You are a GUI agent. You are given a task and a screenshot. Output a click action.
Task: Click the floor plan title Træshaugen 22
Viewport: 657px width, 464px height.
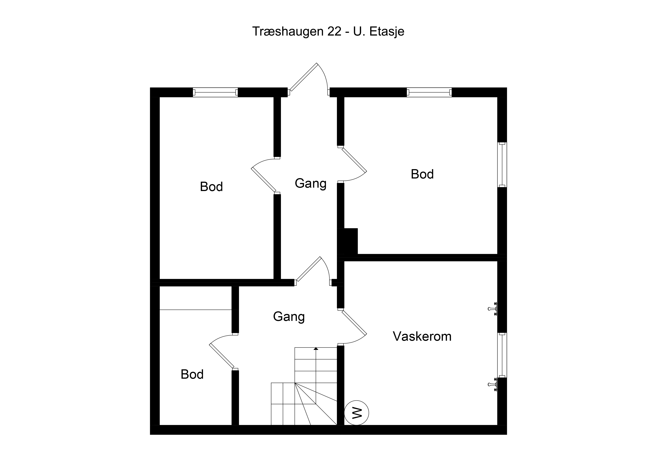click(x=297, y=31)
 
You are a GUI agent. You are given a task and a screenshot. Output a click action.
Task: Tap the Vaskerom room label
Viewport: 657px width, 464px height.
click(x=422, y=336)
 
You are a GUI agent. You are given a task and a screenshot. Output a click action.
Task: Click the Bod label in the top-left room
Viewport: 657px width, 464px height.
click(x=211, y=187)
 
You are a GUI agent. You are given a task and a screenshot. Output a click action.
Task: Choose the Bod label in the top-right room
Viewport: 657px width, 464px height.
click(x=422, y=174)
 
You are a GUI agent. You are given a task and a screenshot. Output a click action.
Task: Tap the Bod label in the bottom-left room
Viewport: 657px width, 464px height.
click(x=192, y=374)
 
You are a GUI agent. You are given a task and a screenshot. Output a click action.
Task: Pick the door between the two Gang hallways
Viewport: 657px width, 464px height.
click(x=309, y=269)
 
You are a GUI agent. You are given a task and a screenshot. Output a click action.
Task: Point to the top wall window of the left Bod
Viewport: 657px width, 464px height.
click(x=215, y=92)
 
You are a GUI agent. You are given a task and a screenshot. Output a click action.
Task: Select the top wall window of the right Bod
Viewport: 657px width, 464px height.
click(x=429, y=92)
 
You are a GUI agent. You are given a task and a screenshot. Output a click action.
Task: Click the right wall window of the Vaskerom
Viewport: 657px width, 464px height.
click(x=502, y=355)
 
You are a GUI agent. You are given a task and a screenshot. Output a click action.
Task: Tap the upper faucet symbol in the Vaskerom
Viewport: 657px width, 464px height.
click(x=493, y=309)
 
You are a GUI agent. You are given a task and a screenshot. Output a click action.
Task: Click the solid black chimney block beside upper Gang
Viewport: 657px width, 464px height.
click(x=347, y=241)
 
